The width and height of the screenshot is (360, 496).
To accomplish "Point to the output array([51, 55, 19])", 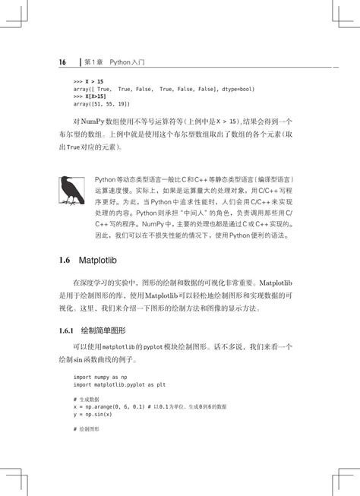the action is [102, 104].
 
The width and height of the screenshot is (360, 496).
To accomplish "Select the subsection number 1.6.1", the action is [68, 332].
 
